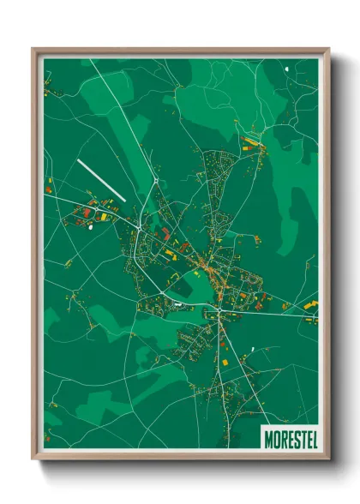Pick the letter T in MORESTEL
(300, 435)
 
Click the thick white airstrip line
(101, 179)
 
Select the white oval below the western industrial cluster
(88, 227)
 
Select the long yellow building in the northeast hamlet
(251, 141)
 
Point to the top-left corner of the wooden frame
(33, 49)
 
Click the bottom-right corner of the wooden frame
(329, 459)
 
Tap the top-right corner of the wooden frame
(329, 49)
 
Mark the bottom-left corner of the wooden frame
(33, 459)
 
